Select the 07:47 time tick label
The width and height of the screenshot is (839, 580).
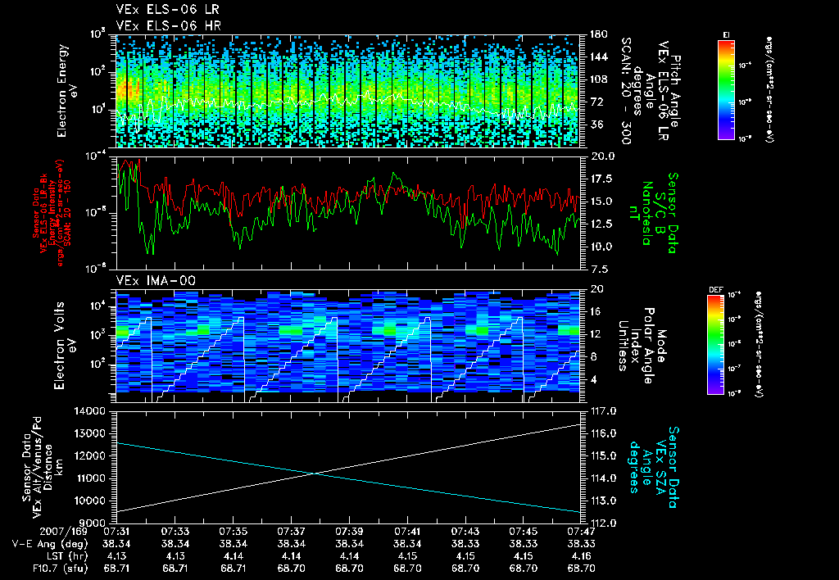pos(581,532)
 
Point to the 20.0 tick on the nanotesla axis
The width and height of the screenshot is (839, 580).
pos(596,155)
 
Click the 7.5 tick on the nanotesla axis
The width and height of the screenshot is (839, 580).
pos(596,268)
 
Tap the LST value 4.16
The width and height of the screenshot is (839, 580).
pos(581,555)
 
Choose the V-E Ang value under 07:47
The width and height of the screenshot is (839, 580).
pos(581,543)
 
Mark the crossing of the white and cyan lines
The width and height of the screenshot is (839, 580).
pos(315,473)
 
